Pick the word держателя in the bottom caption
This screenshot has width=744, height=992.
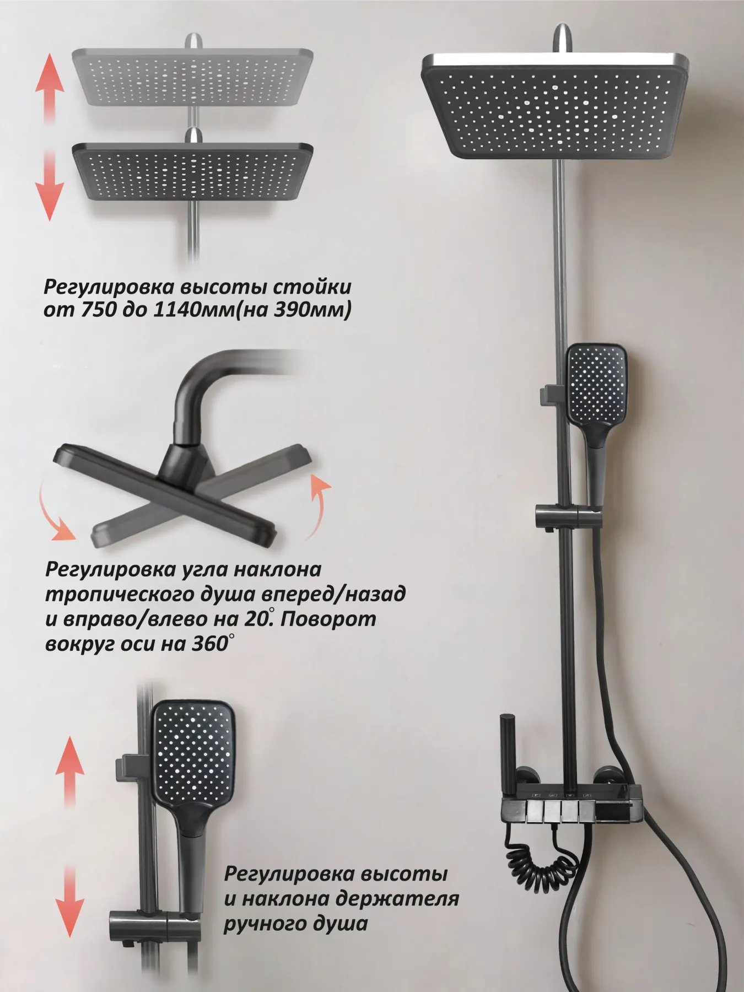pos(397,899)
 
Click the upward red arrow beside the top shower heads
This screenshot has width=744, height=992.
pos(50,88)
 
